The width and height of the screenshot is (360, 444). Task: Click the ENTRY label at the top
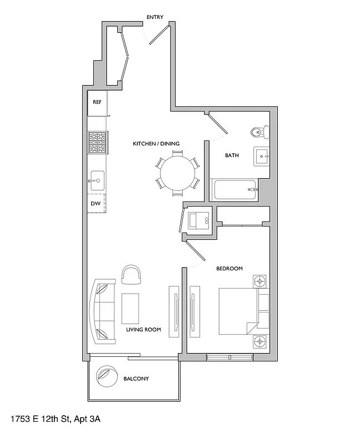coord(154,17)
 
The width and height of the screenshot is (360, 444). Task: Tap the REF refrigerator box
coord(97,103)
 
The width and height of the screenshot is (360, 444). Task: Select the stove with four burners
coord(97,143)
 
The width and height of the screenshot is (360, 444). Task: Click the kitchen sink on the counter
coord(97,180)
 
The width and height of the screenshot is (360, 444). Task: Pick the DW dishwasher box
coord(96,204)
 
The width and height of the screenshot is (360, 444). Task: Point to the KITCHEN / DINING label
coord(156,144)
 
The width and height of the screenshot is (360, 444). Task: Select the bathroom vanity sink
coord(261,157)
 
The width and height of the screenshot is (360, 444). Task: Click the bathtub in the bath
coord(234,190)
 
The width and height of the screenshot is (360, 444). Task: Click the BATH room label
coord(232,155)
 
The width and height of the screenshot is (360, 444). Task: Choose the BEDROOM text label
coord(229,269)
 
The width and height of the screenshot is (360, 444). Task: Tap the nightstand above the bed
coord(261,281)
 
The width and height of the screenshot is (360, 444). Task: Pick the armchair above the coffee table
coord(132,275)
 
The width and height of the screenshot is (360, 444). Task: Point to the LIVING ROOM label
coord(143,330)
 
